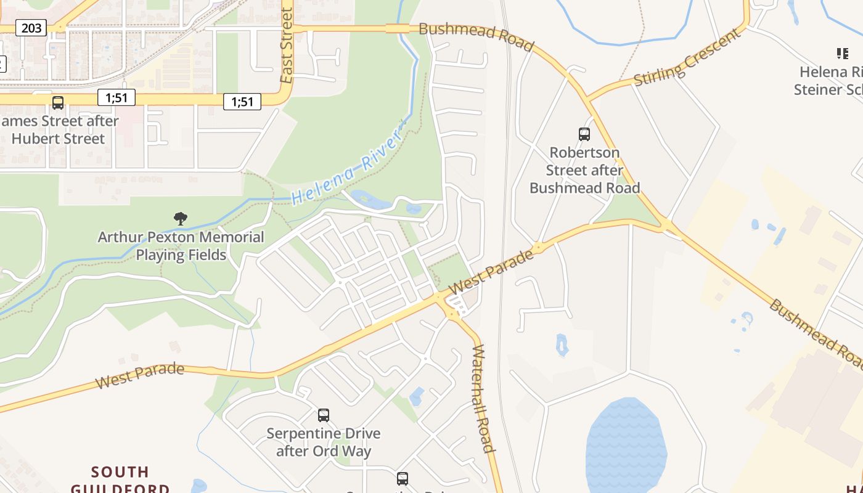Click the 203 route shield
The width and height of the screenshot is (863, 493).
click(x=31, y=28)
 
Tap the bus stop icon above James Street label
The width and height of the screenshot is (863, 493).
click(x=58, y=103)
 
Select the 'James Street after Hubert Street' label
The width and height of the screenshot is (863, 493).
click(x=59, y=129)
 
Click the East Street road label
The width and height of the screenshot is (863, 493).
click(x=286, y=46)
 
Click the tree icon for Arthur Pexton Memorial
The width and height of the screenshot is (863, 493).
click(x=181, y=218)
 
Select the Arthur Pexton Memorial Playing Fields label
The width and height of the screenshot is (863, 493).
click(x=181, y=246)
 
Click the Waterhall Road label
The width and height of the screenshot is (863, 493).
click(x=483, y=399)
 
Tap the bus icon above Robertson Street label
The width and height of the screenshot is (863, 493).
click(x=584, y=134)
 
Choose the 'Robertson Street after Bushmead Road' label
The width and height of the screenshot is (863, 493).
click(x=584, y=170)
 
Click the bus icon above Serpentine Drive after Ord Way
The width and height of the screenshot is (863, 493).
click(x=324, y=415)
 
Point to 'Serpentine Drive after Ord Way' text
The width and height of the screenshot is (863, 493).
click(x=324, y=442)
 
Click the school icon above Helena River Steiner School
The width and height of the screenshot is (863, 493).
click(x=842, y=54)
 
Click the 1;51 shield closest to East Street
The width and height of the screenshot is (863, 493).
click(x=242, y=102)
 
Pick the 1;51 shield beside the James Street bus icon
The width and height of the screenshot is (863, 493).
click(x=116, y=97)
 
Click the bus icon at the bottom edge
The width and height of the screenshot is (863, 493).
click(x=403, y=478)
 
